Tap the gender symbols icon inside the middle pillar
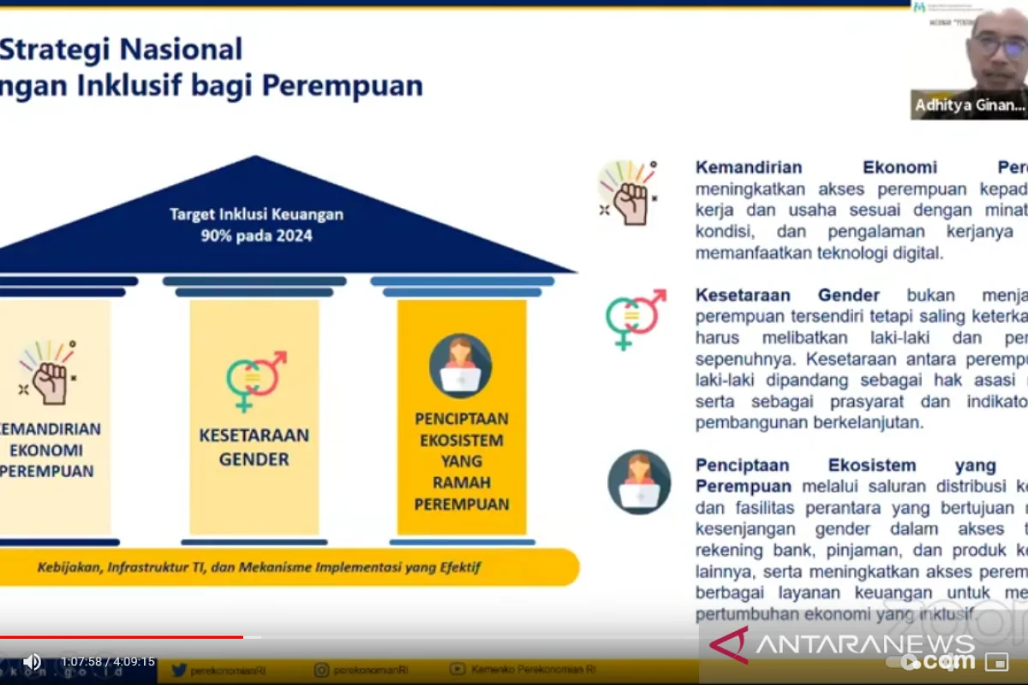click(254, 381)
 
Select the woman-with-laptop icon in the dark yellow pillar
click(461, 366)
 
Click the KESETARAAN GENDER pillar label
click(254, 447)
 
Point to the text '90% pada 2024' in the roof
click(257, 235)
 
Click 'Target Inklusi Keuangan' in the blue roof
click(256, 214)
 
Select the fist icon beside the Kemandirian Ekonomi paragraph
click(629, 193)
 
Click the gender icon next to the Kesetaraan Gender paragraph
click(635, 319)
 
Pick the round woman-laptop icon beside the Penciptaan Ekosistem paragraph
click(639, 482)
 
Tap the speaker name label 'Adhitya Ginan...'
click(969, 105)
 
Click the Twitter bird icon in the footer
click(179, 670)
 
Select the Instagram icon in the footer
click(321, 670)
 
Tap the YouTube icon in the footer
click(458, 670)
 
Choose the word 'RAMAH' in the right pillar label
click(461, 483)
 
